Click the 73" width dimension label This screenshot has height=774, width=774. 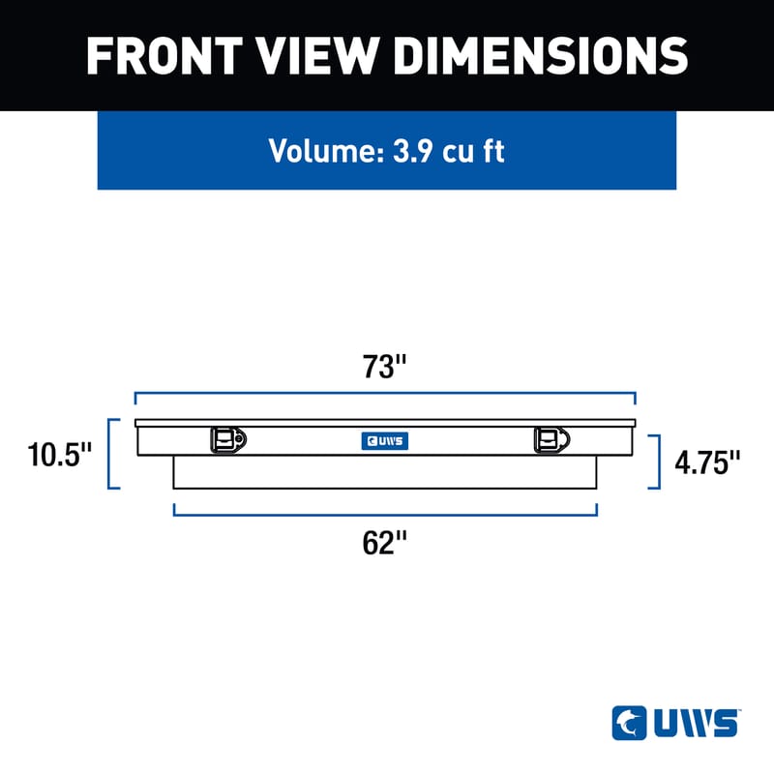385,368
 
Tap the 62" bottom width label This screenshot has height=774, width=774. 384,544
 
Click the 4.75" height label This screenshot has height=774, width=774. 707,462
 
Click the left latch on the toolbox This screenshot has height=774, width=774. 227,440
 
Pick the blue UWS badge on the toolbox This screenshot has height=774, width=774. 385,441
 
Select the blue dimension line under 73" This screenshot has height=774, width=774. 385,395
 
